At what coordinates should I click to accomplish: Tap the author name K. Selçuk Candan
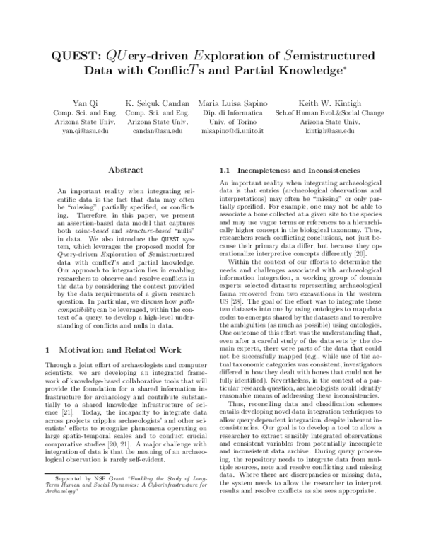coord(157,102)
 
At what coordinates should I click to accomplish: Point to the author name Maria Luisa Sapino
coord(242,102)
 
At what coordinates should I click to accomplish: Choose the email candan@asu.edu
coord(157,132)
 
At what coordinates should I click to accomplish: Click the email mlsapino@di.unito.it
coord(242,132)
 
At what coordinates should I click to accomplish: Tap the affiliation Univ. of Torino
coord(242,122)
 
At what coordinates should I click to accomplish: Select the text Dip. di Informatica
coord(242,112)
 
